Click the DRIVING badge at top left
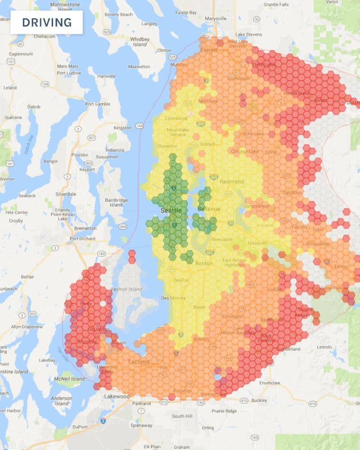pos(46,22)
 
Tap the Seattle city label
pos(171,210)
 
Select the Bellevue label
pos(209,209)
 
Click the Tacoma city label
pos(138,362)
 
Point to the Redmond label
pos(232,181)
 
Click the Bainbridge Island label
pos(116,202)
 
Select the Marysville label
pos(216,18)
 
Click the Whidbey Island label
pos(139,42)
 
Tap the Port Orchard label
pos(83,238)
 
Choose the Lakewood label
pos(117,396)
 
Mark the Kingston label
pos(123,128)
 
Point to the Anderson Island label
pos(61,401)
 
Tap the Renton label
pos(204,263)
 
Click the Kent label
pos(198,307)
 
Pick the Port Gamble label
pos(98,104)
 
